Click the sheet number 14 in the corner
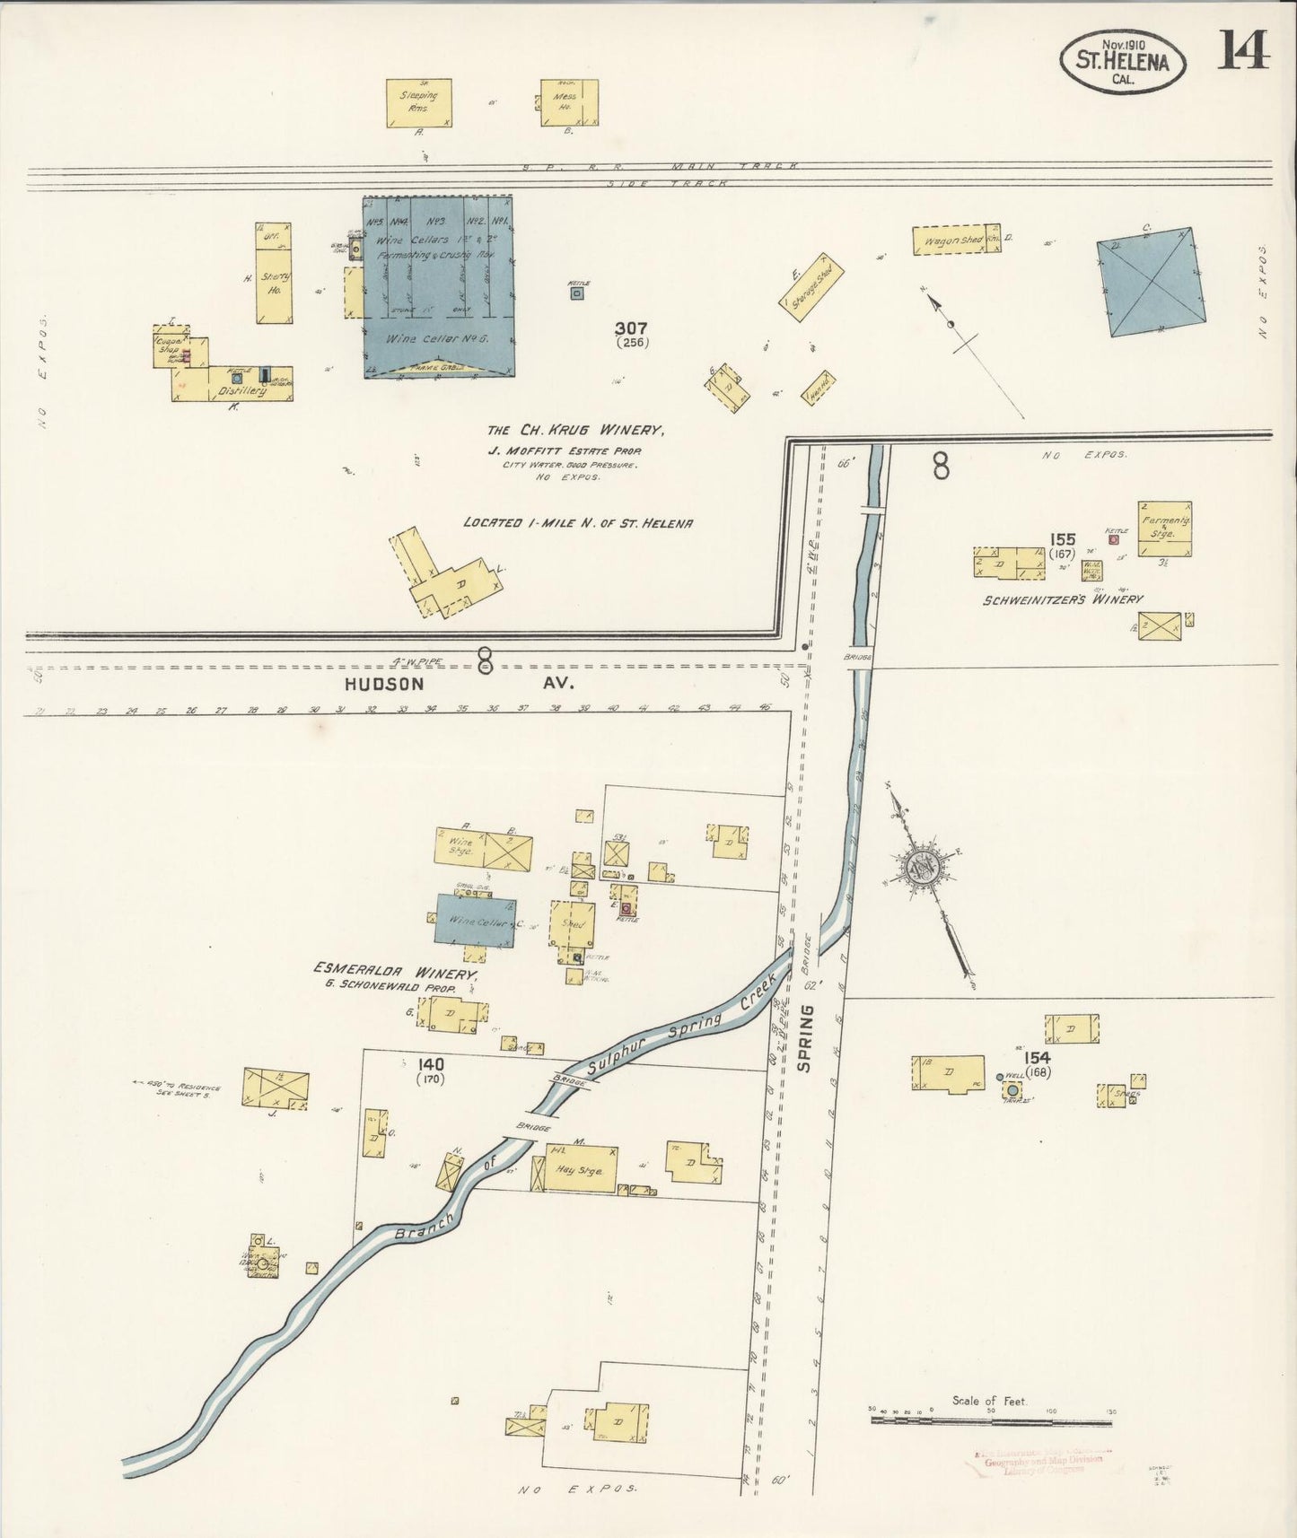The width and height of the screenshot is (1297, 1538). [x=1243, y=49]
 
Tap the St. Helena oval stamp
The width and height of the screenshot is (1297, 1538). [x=1122, y=61]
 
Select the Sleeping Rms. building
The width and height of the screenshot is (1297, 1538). [x=419, y=102]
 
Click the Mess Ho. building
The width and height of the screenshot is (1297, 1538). [x=569, y=102]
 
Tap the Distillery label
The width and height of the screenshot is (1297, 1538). [x=242, y=391]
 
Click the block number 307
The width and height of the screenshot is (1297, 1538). [x=632, y=328]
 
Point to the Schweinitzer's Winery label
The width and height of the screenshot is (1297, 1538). [x=1063, y=599]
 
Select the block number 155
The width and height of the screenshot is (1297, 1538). [x=1063, y=539]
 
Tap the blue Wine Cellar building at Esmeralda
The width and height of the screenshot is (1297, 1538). [x=476, y=919]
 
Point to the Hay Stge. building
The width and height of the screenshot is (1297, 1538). [x=580, y=1170]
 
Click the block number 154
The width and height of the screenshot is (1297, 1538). [x=1040, y=1059]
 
